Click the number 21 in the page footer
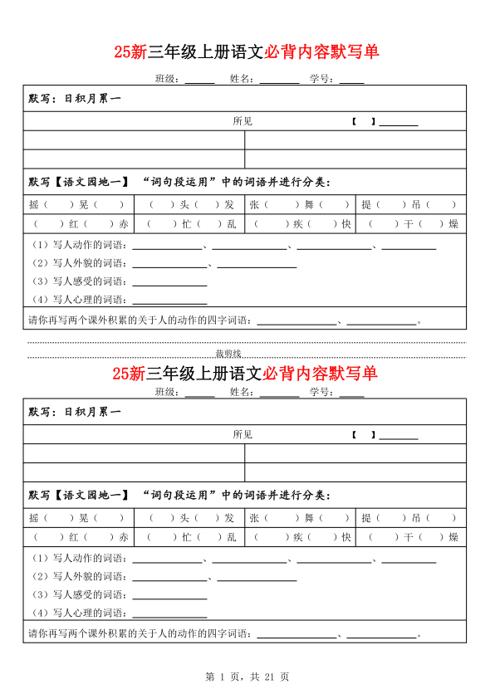pyautogui.click(x=269, y=677)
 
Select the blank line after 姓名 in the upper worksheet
pyautogui.click(x=279, y=80)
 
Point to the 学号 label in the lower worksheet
pyautogui.click(x=321, y=393)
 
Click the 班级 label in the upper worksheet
pyautogui.click(x=168, y=80)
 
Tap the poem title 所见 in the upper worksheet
pyautogui.click(x=243, y=121)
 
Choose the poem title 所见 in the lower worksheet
pyautogui.click(x=243, y=434)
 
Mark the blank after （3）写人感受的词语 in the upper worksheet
pyautogui.click(x=169, y=281)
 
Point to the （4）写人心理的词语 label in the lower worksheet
pyautogui.click(x=79, y=613)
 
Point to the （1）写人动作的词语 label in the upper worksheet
pyautogui.click(x=79, y=245)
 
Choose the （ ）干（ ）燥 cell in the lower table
pyautogui.click(x=409, y=537)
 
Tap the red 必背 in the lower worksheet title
pyautogui.click(x=277, y=373)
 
